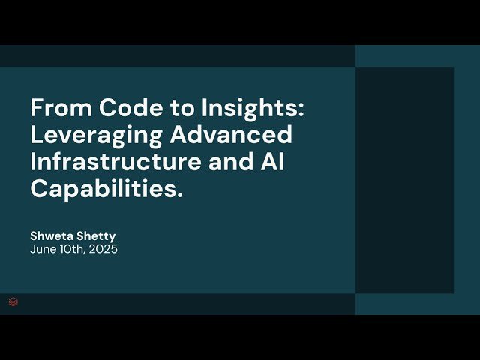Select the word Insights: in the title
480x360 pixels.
(253, 108)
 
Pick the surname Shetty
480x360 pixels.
(97, 236)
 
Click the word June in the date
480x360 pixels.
(43, 249)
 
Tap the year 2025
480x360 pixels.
(103, 249)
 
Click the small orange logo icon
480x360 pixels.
(13, 302)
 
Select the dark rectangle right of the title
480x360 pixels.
(404, 180)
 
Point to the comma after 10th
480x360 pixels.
(86, 253)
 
